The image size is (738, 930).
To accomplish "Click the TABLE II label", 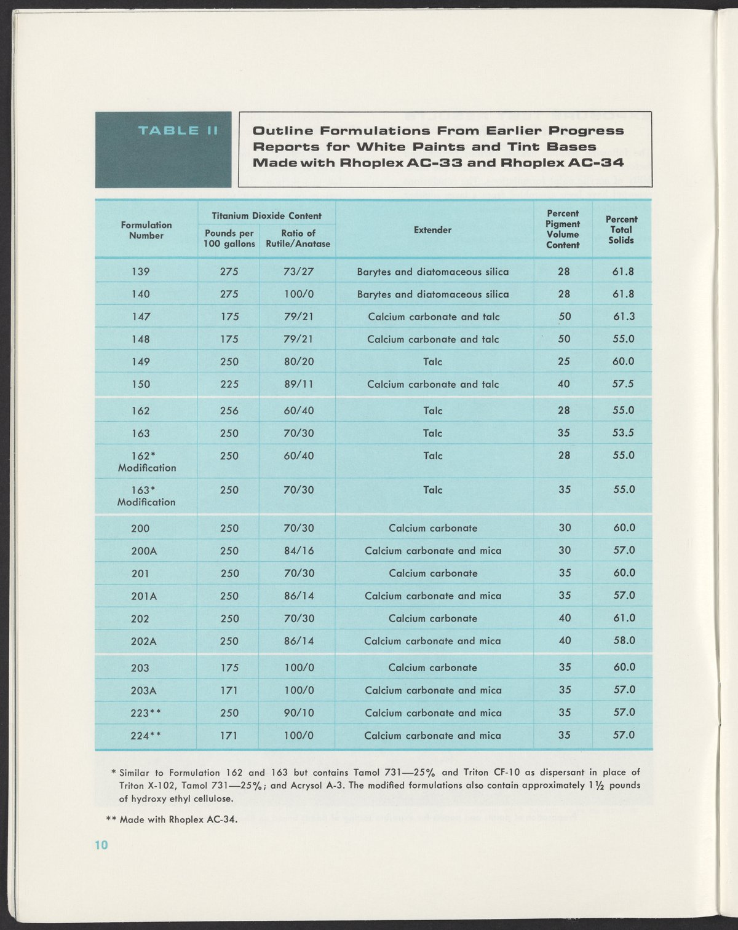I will tap(178, 130).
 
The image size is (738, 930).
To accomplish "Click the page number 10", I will tap(101, 845).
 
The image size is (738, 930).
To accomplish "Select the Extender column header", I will tap(432, 230).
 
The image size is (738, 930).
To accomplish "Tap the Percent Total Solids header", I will tap(621, 230).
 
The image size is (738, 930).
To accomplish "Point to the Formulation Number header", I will tap(146, 230).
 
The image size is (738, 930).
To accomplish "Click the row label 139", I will tap(141, 272).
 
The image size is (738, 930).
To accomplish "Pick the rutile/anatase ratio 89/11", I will tap(299, 384).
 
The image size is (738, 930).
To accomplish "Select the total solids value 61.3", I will tap(623, 317).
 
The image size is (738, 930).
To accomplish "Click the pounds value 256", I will tap(229, 411).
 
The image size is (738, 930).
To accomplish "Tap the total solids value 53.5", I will tap(623, 433).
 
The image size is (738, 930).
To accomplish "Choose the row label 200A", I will tap(144, 551).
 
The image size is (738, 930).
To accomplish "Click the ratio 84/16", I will tap(299, 551).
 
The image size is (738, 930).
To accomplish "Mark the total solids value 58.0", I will tap(624, 640).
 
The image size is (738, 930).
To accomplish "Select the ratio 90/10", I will tap(299, 713).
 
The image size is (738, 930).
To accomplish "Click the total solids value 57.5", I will tap(623, 384).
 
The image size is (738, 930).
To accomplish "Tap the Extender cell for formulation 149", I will tap(432, 361).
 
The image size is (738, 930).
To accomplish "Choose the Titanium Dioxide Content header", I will tap(266, 216).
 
